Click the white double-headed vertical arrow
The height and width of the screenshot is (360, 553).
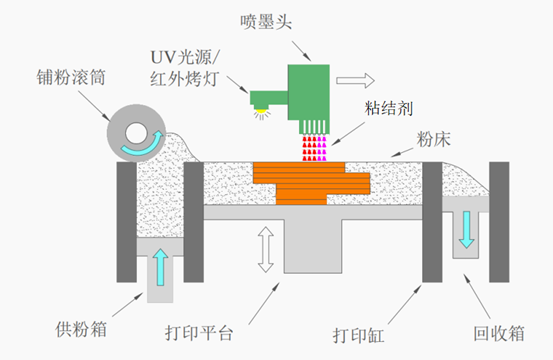266,249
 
